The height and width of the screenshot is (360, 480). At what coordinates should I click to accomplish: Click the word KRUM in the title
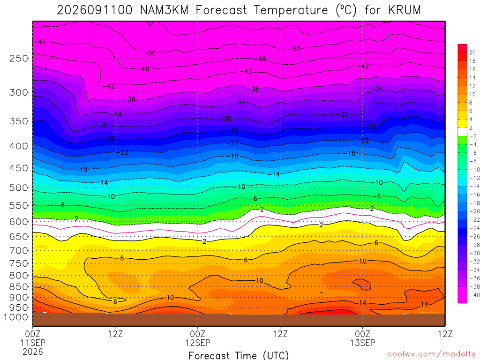405,10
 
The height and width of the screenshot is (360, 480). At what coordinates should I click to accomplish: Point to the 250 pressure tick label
19,59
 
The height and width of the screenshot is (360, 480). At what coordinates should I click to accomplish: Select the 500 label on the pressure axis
19,187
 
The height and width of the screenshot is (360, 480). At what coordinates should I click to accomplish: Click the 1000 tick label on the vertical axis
16,317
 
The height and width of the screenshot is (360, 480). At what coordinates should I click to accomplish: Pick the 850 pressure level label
19,287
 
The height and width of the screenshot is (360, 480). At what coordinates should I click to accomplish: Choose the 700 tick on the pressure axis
19,251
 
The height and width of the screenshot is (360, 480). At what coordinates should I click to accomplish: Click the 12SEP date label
198,343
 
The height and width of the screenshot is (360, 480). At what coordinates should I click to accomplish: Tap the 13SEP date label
363,343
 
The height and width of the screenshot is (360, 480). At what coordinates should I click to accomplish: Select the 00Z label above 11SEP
33,334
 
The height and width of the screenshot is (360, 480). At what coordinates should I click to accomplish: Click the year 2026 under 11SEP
33,352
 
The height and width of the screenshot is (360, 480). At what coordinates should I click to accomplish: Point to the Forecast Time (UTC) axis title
239,355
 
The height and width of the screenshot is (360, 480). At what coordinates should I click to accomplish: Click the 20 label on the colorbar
472,52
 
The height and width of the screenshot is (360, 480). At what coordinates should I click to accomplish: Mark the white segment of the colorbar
463,132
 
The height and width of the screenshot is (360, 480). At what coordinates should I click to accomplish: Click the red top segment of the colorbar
463,48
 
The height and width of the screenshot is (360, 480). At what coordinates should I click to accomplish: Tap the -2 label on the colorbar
473,136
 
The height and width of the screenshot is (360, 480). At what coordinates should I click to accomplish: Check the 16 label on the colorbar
472,69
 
